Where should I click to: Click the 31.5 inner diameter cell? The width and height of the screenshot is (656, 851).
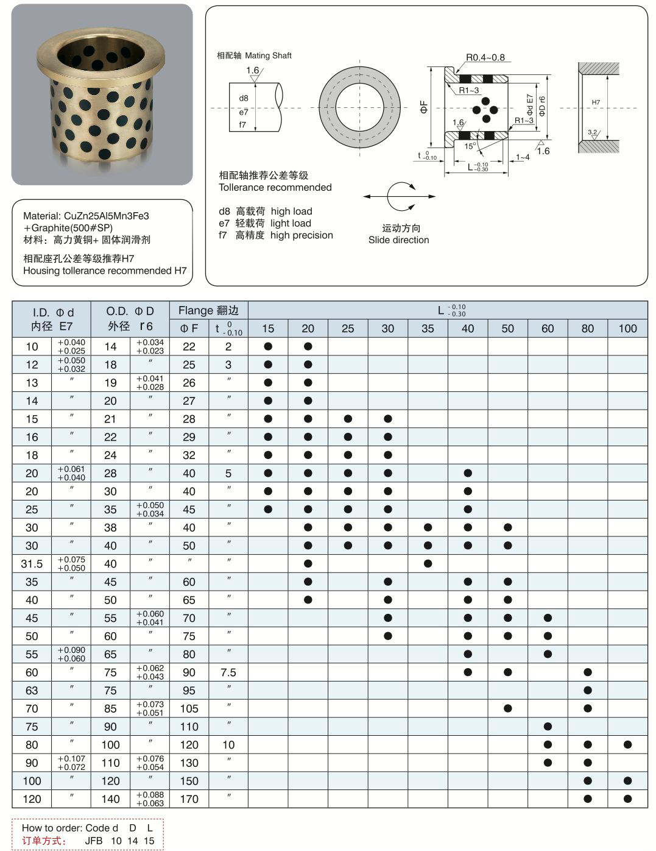pos(32,564)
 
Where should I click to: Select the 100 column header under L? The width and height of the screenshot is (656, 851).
pos(627,329)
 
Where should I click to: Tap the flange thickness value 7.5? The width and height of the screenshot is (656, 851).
pos(228,672)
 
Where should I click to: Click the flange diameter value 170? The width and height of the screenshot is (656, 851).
pos(189,799)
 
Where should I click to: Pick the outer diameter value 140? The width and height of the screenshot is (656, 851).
pos(110,799)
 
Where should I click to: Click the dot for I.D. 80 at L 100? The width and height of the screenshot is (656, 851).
pos(627,744)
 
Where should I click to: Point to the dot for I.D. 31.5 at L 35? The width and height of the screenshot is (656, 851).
pos(428,564)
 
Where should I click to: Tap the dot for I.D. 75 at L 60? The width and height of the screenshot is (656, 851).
pos(548,727)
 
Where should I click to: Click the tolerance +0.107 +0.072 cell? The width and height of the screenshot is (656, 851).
pos(71,763)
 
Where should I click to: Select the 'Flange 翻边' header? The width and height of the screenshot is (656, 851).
pos(208,310)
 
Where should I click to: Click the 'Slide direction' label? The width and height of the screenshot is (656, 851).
pos(398,240)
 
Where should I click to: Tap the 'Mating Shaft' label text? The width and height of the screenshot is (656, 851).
pos(268,55)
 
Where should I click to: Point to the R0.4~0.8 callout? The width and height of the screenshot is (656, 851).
pos(485,58)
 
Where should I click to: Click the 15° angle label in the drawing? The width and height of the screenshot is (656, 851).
pos(470,146)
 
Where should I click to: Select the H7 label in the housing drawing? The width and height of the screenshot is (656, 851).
pos(596,102)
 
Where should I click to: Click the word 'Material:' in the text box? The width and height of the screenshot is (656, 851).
pos(42,216)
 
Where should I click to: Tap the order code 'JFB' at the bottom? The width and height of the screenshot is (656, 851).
pos(94,841)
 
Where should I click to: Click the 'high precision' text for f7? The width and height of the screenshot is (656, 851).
pos(302,235)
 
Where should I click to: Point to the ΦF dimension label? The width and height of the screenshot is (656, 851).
pos(424,107)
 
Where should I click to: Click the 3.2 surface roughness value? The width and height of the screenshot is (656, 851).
pos(592,132)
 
